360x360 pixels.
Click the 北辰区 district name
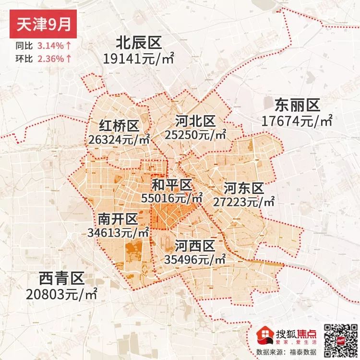138,44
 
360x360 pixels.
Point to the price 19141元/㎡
138,59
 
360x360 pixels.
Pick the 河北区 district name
195,120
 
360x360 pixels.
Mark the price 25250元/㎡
195,135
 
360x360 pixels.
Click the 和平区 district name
171,185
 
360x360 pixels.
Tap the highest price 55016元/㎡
172,197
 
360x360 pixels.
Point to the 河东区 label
244,188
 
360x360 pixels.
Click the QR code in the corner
339,338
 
